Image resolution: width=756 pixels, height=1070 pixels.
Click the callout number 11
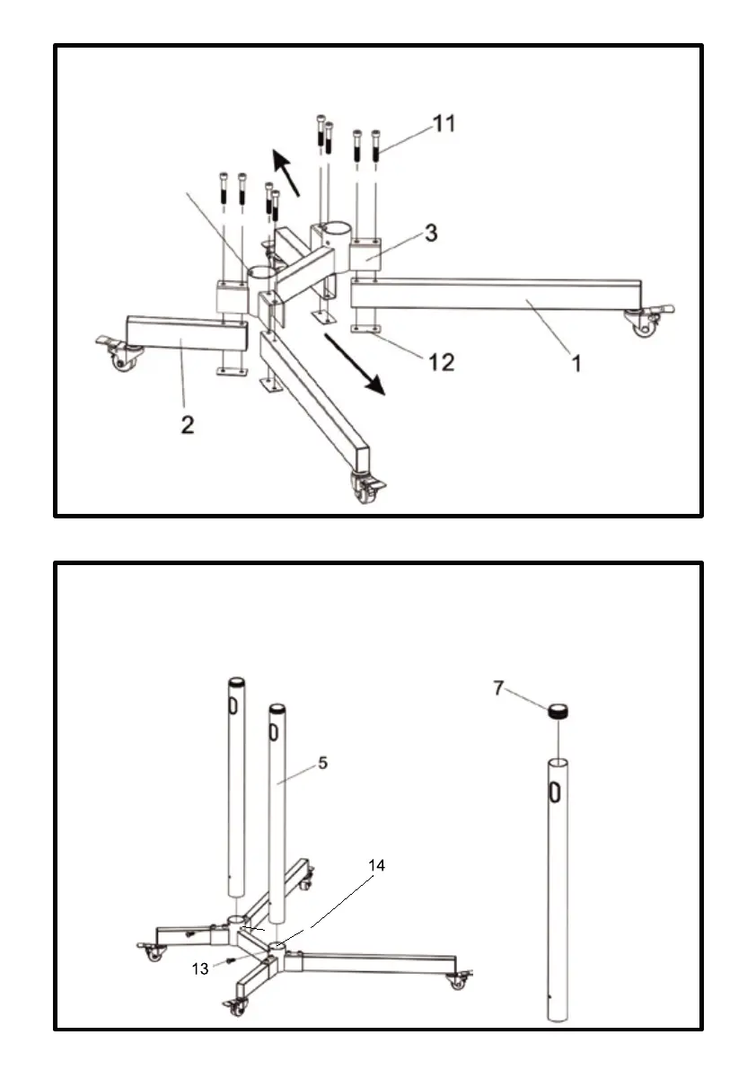click(444, 124)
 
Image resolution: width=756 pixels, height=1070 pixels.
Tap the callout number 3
click(431, 234)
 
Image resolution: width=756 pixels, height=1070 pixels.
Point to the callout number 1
click(576, 364)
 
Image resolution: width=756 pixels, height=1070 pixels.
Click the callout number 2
click(187, 424)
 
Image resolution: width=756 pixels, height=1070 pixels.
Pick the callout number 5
click(322, 763)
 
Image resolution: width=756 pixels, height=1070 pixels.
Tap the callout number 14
click(377, 865)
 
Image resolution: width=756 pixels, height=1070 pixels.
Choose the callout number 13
click(201, 969)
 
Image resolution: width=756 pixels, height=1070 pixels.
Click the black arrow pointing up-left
click(286, 170)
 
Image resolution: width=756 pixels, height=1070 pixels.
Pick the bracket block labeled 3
click(368, 255)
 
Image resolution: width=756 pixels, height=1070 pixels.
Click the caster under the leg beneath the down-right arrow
click(366, 491)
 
